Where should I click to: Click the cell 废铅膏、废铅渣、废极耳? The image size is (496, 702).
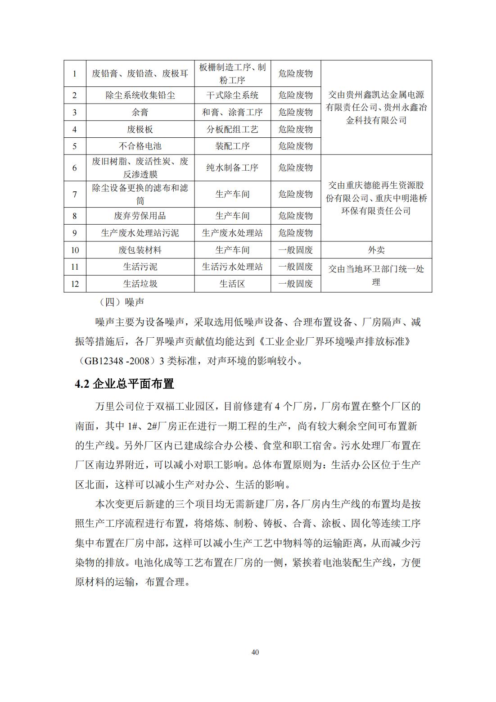coord(140,73)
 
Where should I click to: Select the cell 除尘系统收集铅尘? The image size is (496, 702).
coord(140,95)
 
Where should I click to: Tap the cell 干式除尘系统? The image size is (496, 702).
coord(232,95)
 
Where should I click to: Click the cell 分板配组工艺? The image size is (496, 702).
coord(232,129)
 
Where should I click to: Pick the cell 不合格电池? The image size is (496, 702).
coord(140,146)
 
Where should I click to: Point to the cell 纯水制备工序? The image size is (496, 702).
coord(232,168)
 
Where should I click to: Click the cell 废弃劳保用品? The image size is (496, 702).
coord(140,216)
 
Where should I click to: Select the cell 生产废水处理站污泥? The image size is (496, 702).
coord(140,233)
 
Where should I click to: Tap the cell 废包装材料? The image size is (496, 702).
coord(140,250)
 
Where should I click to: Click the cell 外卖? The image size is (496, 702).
coord(376,250)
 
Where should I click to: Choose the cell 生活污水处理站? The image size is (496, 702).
coord(232,267)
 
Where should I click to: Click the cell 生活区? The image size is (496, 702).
coord(232,284)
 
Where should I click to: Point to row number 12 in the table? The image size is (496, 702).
coord(75,284)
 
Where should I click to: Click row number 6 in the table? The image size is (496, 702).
coord(75,168)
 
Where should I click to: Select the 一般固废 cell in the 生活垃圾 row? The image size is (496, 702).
coord(295,284)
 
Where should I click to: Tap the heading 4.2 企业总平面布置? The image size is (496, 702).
coord(124,384)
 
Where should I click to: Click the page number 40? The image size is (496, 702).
coord(255,652)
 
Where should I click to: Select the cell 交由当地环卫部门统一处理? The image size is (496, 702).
coord(376,275)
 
